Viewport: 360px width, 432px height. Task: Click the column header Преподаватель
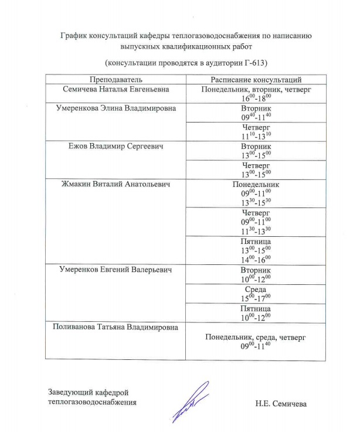pyautogui.click(x=116, y=79)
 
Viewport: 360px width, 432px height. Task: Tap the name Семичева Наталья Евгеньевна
pyautogui.click(x=116, y=90)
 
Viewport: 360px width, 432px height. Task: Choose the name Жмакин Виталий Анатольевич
pyautogui.click(x=116, y=184)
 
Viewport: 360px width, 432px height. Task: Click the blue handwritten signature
pyautogui.click(x=191, y=402)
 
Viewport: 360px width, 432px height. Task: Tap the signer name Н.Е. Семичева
pyautogui.click(x=280, y=403)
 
